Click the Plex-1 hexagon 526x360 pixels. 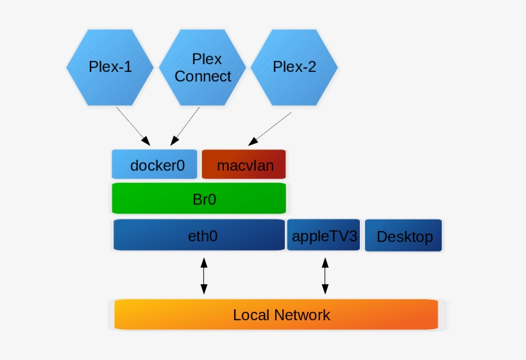[x=110, y=67]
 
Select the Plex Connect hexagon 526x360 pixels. [x=203, y=67]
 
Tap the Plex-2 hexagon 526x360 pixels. [x=294, y=67]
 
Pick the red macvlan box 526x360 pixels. [x=244, y=165]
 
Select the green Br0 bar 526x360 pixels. [x=199, y=198]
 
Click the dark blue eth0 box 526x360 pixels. [x=199, y=235]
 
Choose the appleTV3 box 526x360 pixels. [x=324, y=236]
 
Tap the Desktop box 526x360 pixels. [x=404, y=236]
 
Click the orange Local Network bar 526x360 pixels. [x=276, y=314]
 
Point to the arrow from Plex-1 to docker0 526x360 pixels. [x=133, y=125]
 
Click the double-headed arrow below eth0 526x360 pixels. [x=204, y=276]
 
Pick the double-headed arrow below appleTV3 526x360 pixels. [x=325, y=276]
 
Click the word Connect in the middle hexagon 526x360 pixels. [x=203, y=76]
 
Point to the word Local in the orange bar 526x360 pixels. [x=251, y=315]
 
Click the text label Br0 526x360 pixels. [x=204, y=199]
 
